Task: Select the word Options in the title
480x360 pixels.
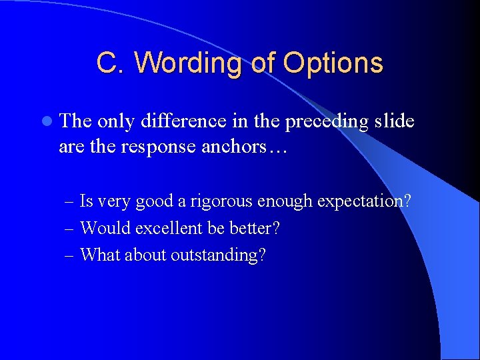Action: click(333, 63)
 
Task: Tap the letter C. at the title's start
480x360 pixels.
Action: click(111, 63)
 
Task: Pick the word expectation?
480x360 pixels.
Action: click(364, 201)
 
